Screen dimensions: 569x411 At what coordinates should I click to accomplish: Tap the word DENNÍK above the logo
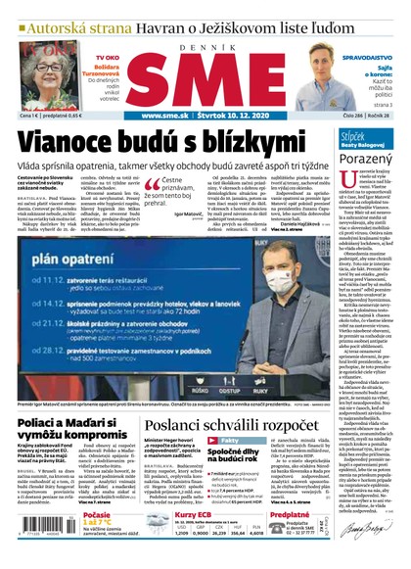pos(205,44)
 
